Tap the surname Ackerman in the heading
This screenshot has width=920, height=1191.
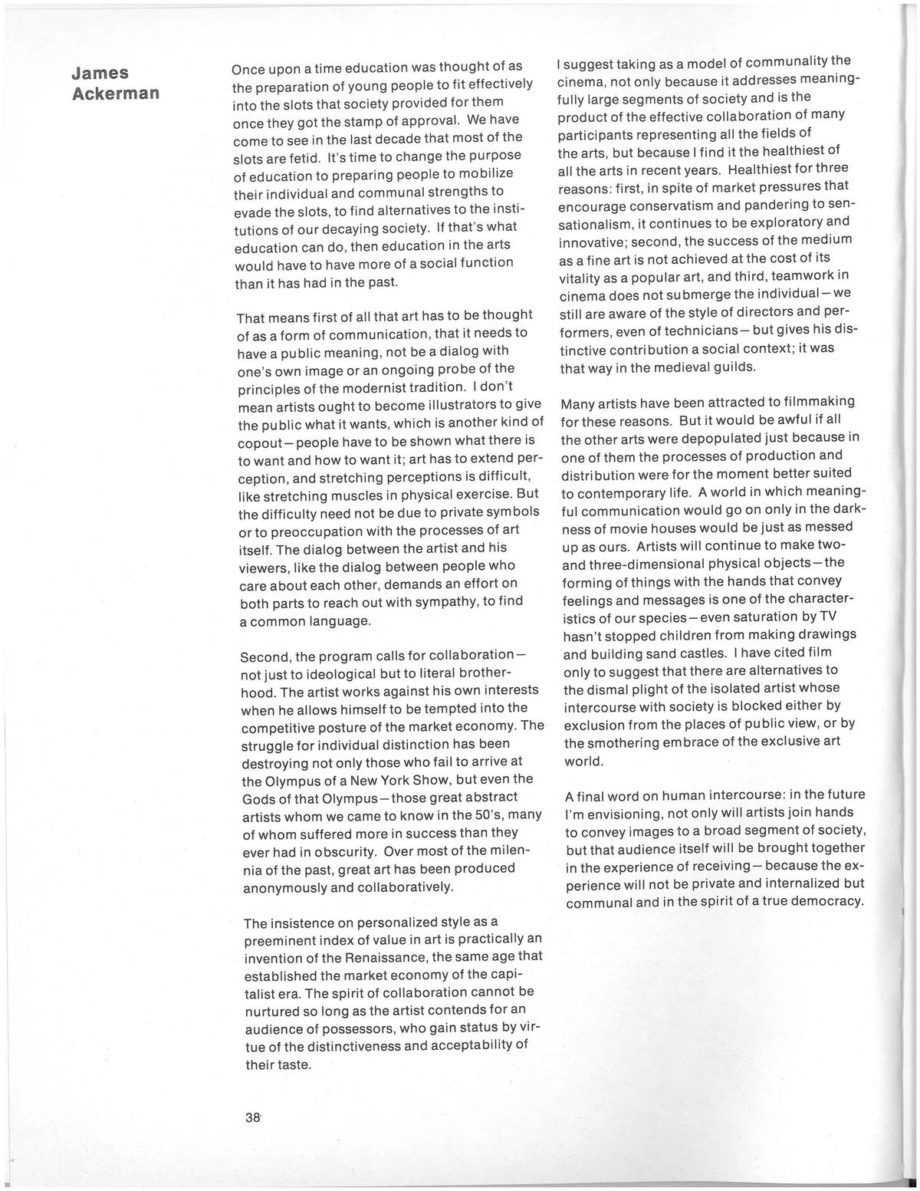click(115, 94)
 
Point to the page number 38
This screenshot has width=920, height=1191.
click(253, 1117)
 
